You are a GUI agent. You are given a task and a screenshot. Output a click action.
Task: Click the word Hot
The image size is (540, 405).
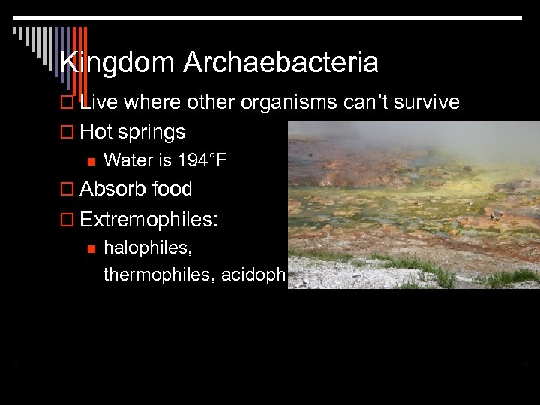click(x=95, y=132)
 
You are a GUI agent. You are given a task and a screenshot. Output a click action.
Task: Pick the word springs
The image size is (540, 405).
click(x=151, y=133)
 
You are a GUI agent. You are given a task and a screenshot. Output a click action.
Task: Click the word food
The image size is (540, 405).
click(x=172, y=189)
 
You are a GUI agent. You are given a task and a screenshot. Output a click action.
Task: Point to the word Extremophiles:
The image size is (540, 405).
click(x=149, y=220)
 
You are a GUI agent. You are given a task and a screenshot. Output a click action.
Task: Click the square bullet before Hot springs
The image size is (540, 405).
click(x=67, y=133)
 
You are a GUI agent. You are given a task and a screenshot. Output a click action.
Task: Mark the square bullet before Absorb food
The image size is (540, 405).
click(x=67, y=190)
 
